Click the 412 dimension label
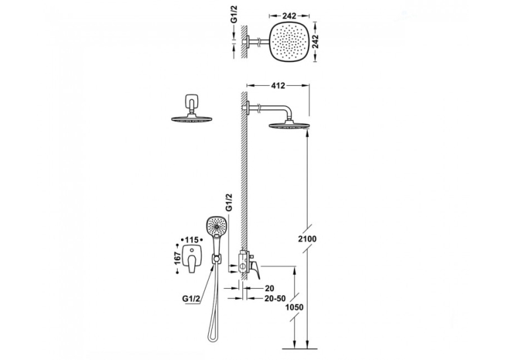[279, 86]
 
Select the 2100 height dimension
[307, 239]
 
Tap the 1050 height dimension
[294, 307]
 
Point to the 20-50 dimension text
[274, 299]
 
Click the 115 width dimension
[192, 240]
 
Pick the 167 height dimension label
[177, 258]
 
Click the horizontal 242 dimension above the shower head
[289, 16]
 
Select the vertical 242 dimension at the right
[315, 41]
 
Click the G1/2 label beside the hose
[190, 299]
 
